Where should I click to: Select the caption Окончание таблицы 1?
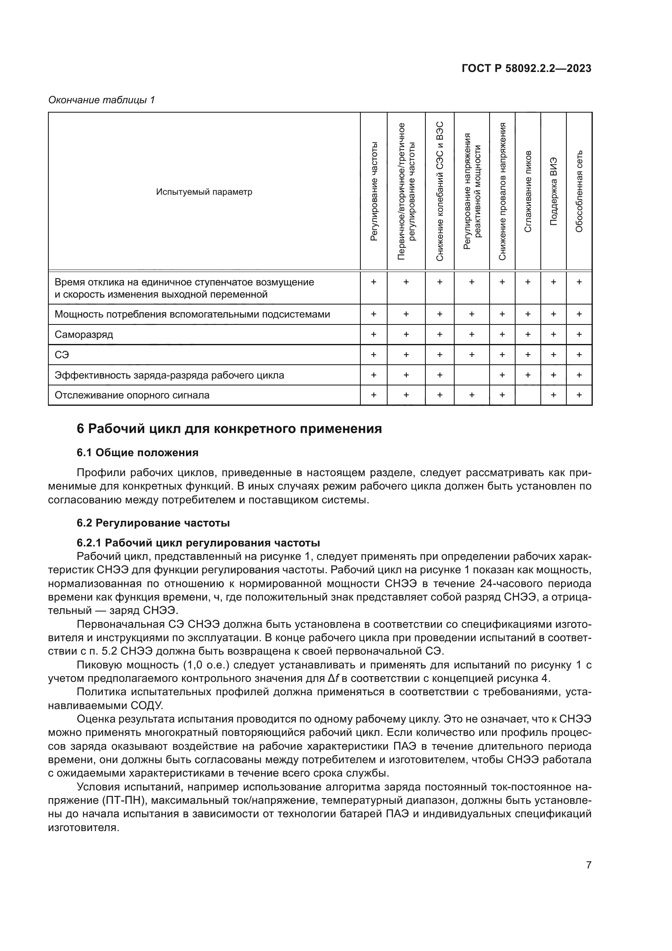tap(102, 100)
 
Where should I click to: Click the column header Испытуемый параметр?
tap(204, 192)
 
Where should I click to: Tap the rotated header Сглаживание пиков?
tap(528, 192)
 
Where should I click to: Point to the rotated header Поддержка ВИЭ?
tap(553, 192)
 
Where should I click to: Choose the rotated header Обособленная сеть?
tap(579, 192)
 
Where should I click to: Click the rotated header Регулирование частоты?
tap(374, 192)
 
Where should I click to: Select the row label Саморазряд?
tap(84, 334)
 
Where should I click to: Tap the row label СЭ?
tap(62, 355)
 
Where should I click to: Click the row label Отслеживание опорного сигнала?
tap(132, 395)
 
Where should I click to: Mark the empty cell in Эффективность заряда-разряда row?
tap(471, 375)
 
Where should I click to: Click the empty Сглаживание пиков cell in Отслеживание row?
tap(528, 395)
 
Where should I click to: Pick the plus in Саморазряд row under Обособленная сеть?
tap(579, 334)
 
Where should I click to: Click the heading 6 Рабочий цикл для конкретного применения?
tap(229, 429)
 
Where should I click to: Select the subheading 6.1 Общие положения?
tap(137, 453)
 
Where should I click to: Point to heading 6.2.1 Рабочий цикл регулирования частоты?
tap(198, 543)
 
